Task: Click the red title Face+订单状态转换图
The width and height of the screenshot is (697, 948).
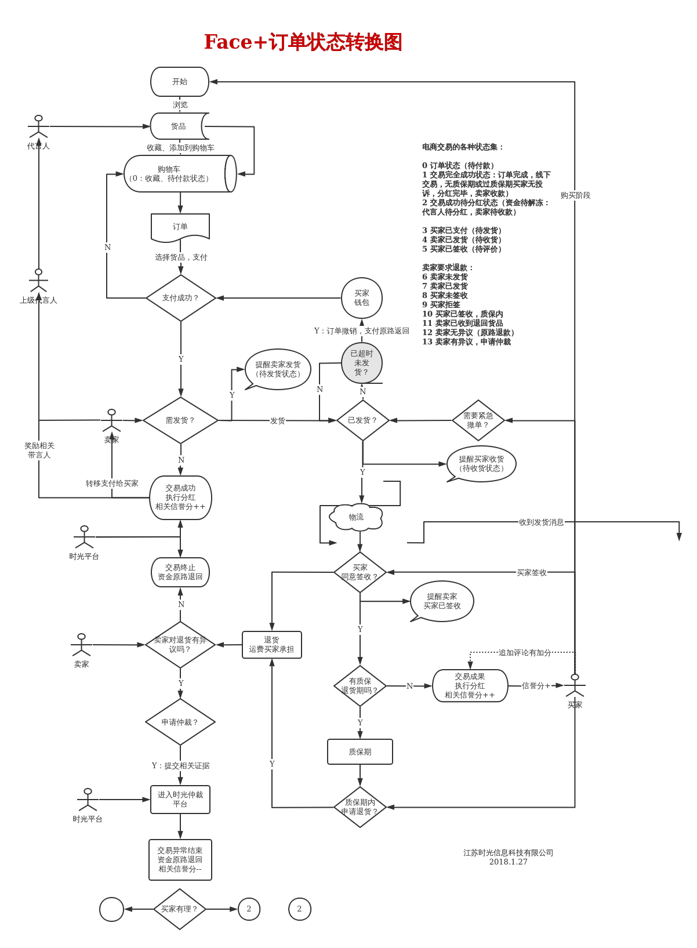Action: pos(303,42)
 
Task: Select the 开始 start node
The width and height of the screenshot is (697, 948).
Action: pos(180,82)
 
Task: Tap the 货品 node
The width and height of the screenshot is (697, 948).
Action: pos(178,126)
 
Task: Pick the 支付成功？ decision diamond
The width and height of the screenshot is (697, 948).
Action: pos(180,298)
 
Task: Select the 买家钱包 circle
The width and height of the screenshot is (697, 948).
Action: pos(362,298)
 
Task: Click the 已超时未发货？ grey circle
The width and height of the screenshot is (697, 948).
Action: pos(362,363)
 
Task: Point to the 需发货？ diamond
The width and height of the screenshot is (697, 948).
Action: pos(180,420)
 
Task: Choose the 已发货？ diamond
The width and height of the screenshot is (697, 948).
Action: pos(362,420)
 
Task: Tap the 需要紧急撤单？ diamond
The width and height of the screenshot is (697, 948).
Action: pos(478,420)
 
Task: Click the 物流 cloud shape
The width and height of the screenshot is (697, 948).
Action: pos(357,517)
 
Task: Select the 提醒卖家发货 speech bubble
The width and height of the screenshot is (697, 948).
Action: pos(278,369)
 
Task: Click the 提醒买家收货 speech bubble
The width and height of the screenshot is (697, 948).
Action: pos(481,464)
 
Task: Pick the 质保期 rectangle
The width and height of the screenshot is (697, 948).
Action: pos(360,752)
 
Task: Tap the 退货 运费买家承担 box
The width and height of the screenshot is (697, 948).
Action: pos(271,645)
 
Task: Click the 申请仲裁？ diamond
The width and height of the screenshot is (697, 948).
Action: pos(180,722)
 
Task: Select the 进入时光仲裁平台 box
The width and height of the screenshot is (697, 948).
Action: pos(180,800)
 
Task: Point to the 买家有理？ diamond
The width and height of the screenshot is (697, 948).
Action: pos(180,909)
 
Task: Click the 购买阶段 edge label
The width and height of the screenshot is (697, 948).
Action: pos(575,195)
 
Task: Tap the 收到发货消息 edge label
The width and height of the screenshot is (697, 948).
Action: pos(541,522)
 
